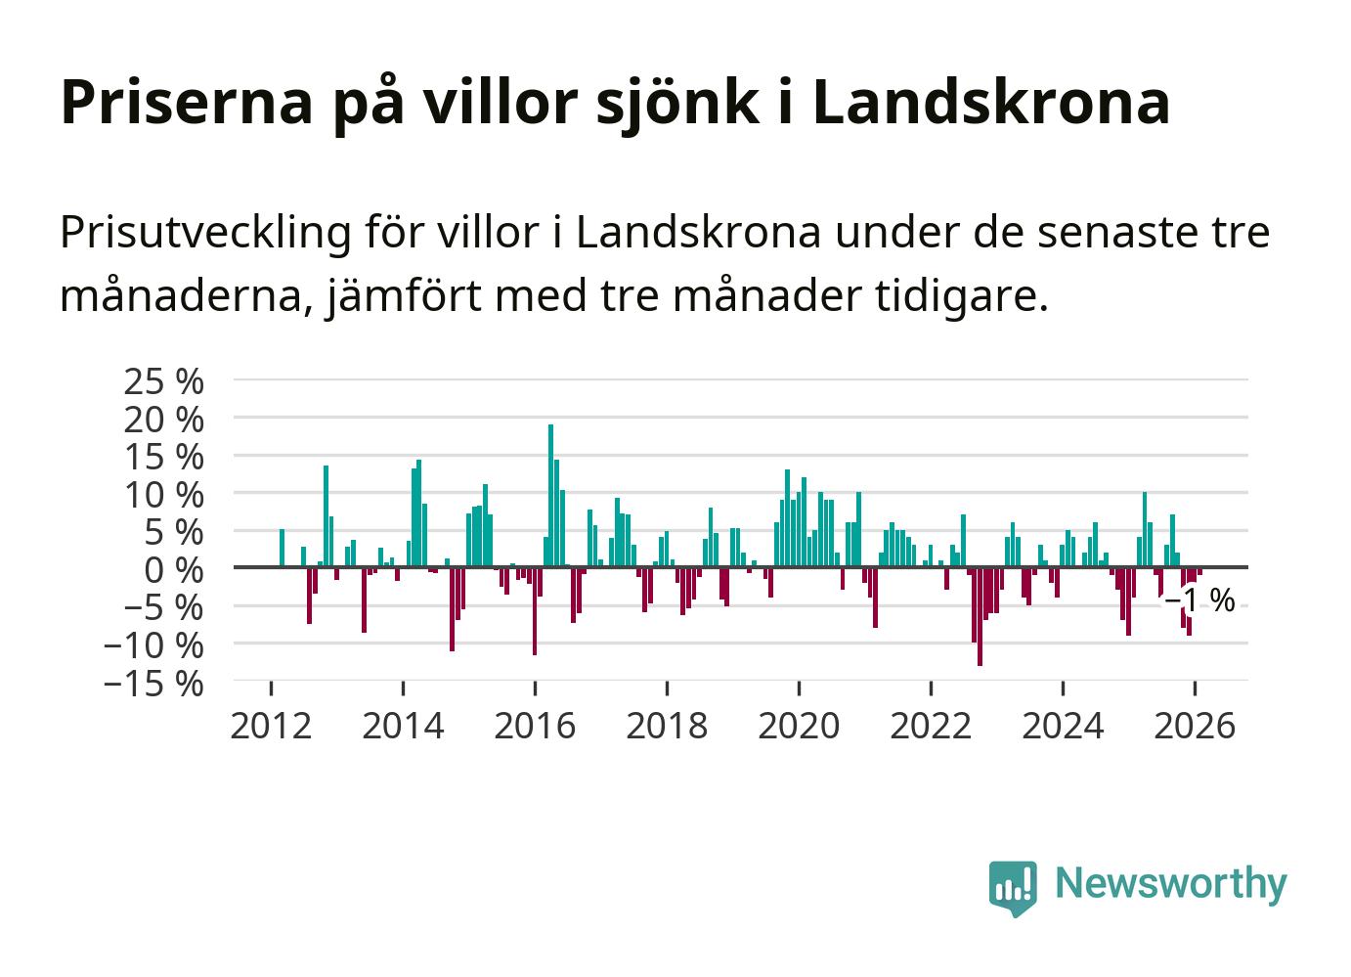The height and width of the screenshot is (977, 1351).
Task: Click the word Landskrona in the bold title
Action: tap(990, 101)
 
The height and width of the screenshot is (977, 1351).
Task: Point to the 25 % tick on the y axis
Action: tap(164, 380)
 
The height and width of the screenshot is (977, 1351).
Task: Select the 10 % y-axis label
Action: tap(164, 494)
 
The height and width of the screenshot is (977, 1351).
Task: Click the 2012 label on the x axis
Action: tap(271, 726)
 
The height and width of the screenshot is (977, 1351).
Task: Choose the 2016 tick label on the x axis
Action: tap(535, 726)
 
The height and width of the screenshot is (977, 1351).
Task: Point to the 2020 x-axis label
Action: tap(799, 726)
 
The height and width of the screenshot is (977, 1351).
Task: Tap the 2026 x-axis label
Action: tap(1195, 726)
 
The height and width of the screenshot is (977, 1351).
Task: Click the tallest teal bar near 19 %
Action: tap(550, 495)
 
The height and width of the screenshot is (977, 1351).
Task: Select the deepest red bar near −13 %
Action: tap(980, 616)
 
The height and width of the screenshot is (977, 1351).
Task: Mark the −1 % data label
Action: tap(1199, 600)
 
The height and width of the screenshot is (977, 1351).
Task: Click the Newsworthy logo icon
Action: tap(1013, 888)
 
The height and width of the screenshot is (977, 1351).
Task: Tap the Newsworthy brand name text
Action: tap(1171, 883)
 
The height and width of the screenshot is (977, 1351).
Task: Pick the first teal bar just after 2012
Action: tap(282, 548)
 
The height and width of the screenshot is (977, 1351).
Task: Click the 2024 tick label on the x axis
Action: tap(1063, 726)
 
